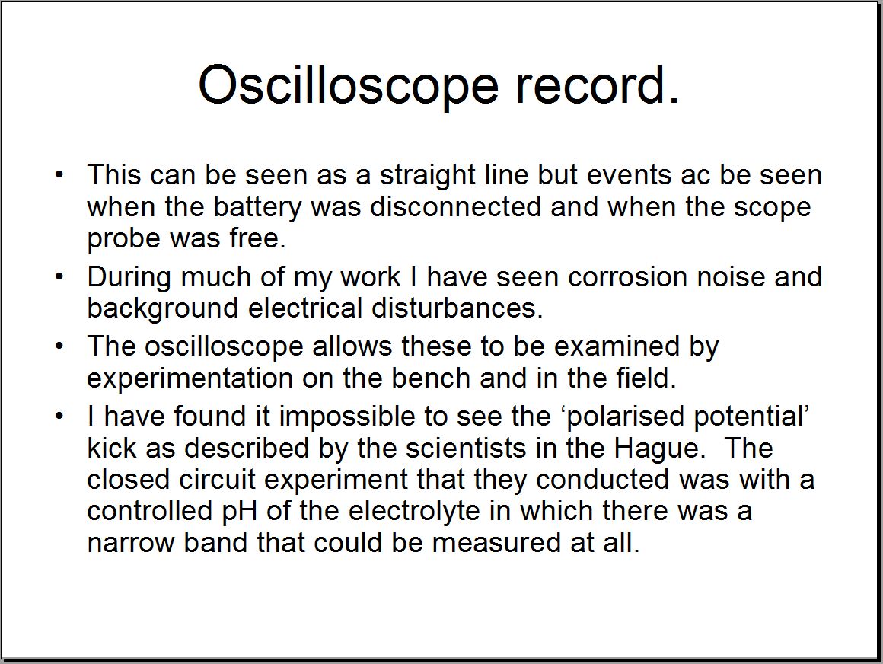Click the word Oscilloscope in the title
[x=349, y=85]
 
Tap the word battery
[x=257, y=207]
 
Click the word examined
[x=617, y=346]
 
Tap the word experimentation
[x=190, y=378]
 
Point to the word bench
[x=431, y=378]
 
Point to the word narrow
[x=131, y=544]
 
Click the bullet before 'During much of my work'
[x=59, y=277]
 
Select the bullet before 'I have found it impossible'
[x=59, y=417]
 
